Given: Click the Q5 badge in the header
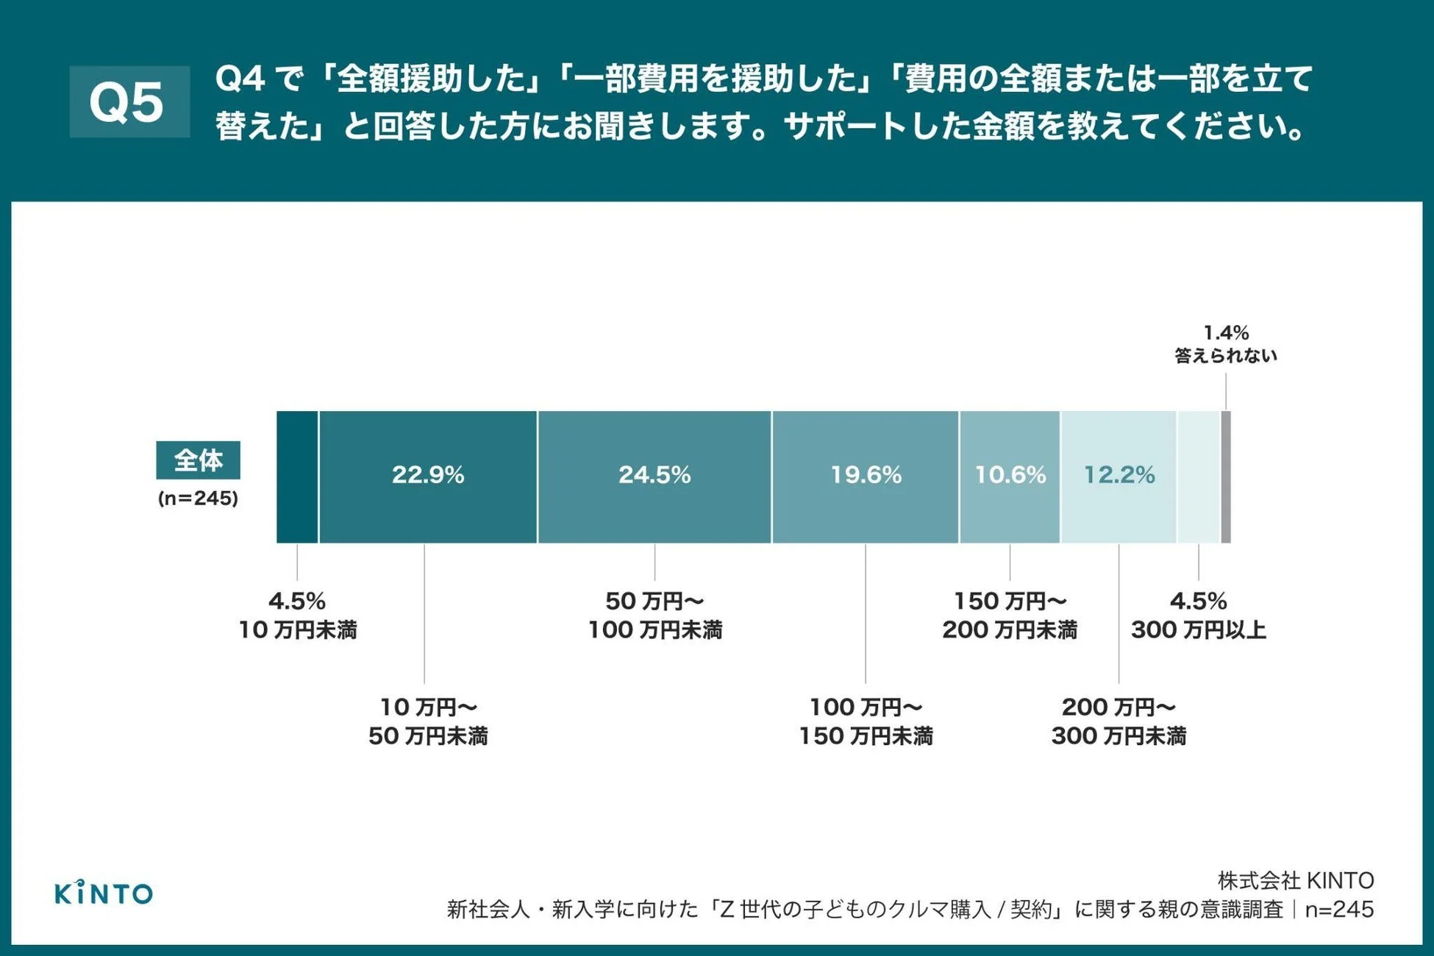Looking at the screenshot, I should (129, 101).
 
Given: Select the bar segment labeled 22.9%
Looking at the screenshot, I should (428, 477).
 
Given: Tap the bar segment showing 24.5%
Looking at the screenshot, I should (654, 477).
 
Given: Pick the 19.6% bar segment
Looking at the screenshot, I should (866, 477).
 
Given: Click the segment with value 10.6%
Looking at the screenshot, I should (1010, 477).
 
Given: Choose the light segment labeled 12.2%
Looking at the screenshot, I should (1119, 477).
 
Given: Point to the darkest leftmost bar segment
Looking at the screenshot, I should (297, 477).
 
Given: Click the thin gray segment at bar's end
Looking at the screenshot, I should (1226, 477).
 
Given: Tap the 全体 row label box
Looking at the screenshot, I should (198, 460).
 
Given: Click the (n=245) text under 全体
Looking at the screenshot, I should (198, 499).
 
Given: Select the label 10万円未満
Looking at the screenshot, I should (297, 630).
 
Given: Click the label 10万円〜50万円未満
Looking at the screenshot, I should (428, 721).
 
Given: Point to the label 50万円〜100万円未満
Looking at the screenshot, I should (654, 616).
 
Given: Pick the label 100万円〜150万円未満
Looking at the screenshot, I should (866, 721).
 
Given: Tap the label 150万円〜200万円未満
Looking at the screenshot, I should (1010, 616).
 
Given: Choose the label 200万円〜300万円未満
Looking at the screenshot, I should (1119, 721).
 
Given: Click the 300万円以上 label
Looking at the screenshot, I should (1198, 630).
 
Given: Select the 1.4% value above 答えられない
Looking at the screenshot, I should (1225, 333).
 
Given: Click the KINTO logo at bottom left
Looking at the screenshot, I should (104, 893).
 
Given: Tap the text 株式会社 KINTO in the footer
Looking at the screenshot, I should (1295, 880).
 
